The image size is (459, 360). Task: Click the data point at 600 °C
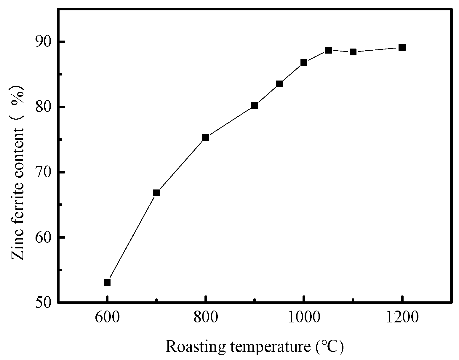coord(107,282)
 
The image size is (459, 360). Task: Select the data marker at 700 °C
coord(156,193)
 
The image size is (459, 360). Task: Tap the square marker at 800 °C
coord(205,137)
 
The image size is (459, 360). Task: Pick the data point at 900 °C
coord(255,105)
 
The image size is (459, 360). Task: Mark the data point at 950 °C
coord(279,84)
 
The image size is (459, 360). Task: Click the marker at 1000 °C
coord(304,62)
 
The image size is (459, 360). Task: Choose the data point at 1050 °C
coord(328,50)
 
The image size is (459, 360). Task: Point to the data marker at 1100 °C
coord(353,52)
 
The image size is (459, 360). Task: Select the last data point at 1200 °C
coord(402,47)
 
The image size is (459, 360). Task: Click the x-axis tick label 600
coord(107,318)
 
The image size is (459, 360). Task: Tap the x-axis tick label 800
coord(205,318)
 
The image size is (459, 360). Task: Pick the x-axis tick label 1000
coord(304,318)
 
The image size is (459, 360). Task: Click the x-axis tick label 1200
coord(402,318)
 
